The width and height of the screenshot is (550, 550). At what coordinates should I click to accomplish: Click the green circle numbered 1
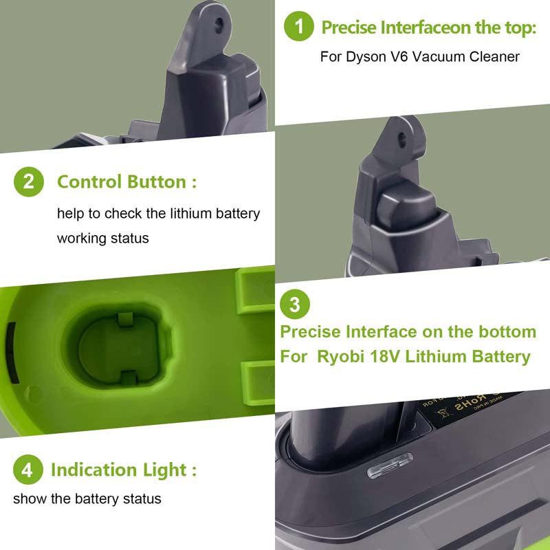299,27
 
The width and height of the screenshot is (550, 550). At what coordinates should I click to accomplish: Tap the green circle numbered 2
29,182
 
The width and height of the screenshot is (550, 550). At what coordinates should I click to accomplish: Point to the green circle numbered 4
27,470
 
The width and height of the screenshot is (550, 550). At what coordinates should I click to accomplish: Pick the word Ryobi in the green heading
349,357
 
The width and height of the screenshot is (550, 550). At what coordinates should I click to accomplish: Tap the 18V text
399,357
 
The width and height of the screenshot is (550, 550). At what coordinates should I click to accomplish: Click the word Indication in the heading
93,470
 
